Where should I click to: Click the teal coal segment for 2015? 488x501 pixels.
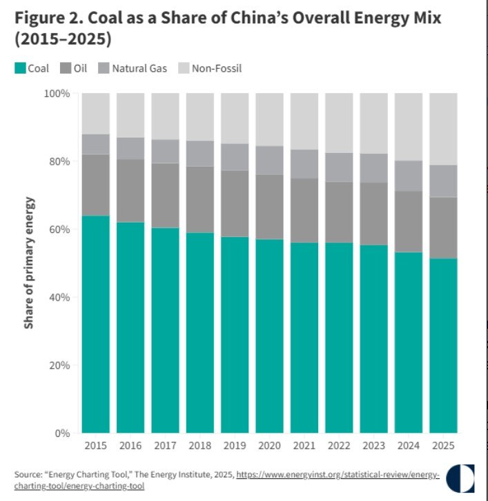95,324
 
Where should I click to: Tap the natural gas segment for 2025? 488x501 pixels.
443,181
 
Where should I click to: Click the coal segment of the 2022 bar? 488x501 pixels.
339,338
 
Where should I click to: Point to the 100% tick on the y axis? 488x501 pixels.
57,93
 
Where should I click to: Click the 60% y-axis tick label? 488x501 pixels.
60,229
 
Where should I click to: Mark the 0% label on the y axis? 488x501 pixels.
63,433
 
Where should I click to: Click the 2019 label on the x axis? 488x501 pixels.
235,447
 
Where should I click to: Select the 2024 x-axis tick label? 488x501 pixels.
408,447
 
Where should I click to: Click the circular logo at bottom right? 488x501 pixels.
460,477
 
